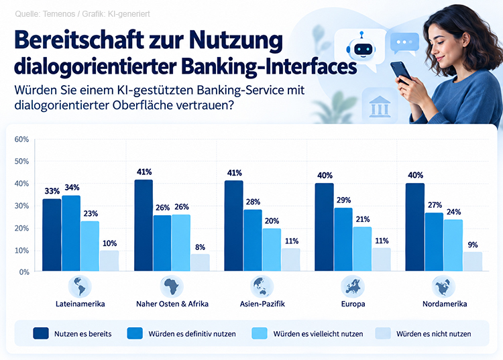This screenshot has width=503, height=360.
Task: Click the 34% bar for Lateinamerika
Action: [x=71, y=233]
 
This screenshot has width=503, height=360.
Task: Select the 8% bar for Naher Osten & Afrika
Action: [x=201, y=263]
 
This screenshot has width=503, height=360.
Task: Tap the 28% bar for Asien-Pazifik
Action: [x=253, y=241]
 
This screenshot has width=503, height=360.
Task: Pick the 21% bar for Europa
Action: [x=362, y=249]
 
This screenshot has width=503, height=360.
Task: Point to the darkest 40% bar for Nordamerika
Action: [x=414, y=227]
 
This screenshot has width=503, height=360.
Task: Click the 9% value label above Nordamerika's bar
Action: [x=473, y=245]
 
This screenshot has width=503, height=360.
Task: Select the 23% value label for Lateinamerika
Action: [x=91, y=213]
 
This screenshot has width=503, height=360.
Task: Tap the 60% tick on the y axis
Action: [x=21, y=139]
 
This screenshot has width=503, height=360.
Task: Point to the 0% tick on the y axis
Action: [x=24, y=272]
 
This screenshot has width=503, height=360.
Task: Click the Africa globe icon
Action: [x=172, y=286]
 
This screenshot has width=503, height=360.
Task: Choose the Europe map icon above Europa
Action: [x=353, y=286]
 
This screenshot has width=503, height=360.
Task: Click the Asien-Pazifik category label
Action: [x=262, y=304]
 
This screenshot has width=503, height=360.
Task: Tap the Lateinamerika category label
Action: [x=80, y=304]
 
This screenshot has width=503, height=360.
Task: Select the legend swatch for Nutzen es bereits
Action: [x=41, y=333]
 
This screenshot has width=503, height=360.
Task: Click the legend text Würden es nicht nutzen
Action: [x=434, y=334]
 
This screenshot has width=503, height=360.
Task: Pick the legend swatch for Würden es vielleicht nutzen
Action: [x=260, y=333]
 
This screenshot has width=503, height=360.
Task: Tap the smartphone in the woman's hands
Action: [x=401, y=72]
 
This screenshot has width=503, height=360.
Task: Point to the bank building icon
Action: [x=380, y=107]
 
